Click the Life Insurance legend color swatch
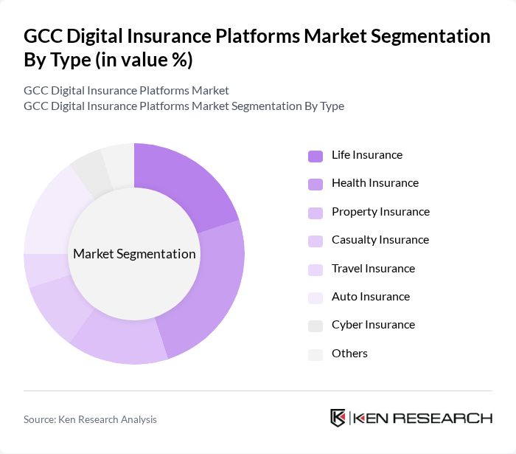pos(315,155)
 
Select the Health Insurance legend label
pos(374,183)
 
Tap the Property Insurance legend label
pos(380,212)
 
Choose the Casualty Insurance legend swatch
pos(315,240)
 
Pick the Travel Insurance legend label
pos(373,269)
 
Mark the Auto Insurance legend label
pos(370,297)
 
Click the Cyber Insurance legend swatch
pos(315,325)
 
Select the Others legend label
pos(349,354)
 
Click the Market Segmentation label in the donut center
pos(134,254)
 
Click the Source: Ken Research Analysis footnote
pos(90,419)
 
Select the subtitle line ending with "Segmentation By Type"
pos(184,106)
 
